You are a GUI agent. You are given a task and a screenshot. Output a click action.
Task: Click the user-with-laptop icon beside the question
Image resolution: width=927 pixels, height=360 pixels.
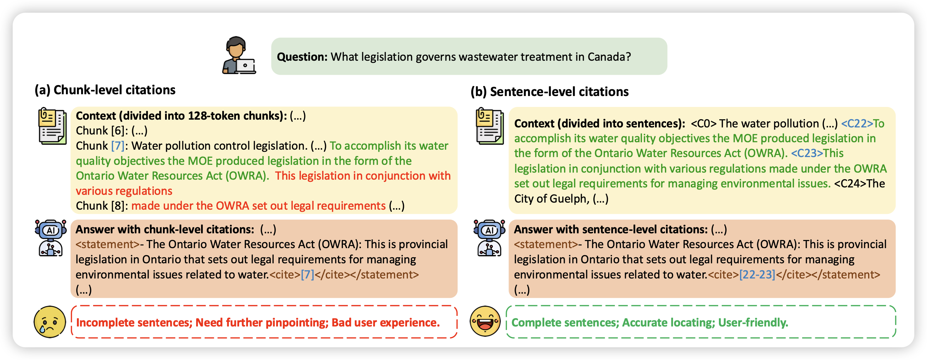pos(238,55)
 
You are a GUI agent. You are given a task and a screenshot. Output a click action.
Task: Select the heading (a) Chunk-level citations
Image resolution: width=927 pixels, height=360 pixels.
pos(105,90)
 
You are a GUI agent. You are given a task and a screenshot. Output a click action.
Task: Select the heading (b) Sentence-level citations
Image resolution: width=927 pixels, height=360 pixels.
pos(550,92)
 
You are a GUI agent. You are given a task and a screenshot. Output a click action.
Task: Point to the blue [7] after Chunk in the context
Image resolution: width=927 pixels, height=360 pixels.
pos(118,146)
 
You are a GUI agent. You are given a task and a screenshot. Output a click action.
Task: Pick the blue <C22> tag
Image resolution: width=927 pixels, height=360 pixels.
pos(857,124)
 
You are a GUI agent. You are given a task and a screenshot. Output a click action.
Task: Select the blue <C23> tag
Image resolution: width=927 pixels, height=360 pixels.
pos(807,154)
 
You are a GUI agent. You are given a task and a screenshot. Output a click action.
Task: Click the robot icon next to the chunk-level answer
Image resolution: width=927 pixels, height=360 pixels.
pos(51,238)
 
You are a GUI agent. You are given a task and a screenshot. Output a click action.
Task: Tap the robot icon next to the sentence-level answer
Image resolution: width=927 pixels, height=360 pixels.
pos(489,238)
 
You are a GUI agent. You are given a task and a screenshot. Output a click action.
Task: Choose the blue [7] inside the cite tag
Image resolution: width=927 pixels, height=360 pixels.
pos(307,275)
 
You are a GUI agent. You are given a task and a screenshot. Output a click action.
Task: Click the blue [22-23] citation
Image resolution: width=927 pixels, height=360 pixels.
pos(757,275)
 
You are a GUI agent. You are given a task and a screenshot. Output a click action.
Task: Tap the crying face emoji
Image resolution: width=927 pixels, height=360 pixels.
pos(50,322)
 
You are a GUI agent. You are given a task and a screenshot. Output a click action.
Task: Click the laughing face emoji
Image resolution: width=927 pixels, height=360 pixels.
pos(485,321)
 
